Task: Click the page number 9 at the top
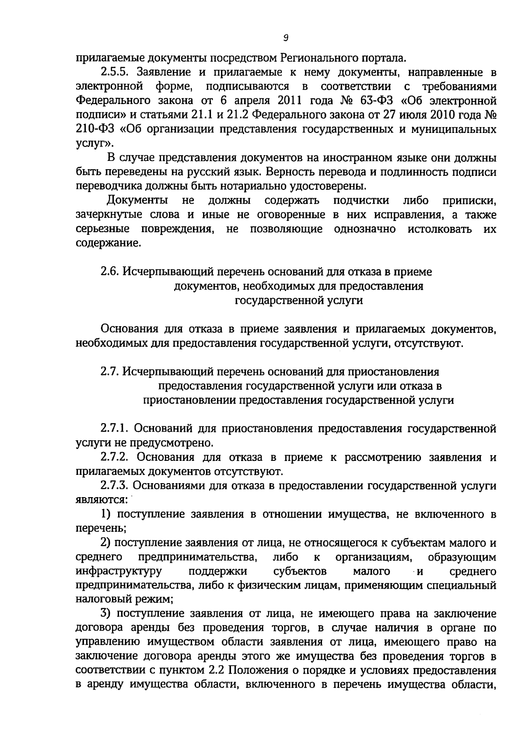click(285, 38)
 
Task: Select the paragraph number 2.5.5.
click(114, 72)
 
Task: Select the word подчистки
click(361, 201)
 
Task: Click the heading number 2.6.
click(110, 272)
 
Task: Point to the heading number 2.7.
click(110, 372)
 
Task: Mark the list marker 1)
click(105, 514)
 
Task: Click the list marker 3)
click(105, 614)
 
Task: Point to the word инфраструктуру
click(119, 571)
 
